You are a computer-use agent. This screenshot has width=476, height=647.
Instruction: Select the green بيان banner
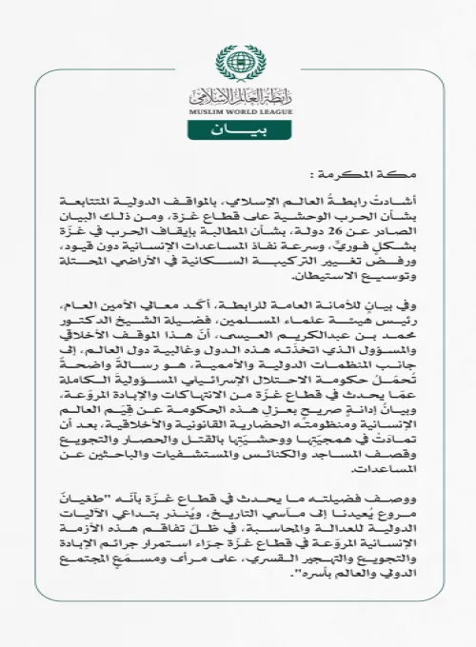point(237,127)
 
